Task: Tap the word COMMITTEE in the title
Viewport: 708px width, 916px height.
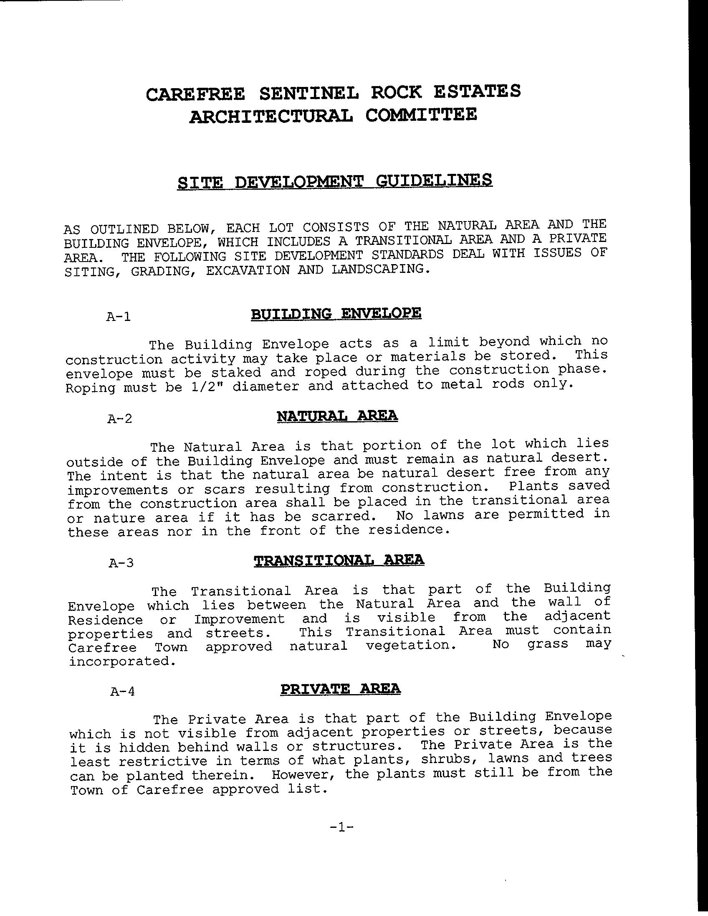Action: coord(421,115)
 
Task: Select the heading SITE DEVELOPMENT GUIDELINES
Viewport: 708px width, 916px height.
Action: coord(335,182)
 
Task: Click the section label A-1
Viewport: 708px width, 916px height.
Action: coord(119,316)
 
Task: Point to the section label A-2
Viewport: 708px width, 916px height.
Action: coord(120,419)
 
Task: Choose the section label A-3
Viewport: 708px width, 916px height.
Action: coord(121,563)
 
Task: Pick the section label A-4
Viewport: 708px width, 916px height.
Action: coord(122,691)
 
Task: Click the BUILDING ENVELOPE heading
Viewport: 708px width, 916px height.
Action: coord(336,314)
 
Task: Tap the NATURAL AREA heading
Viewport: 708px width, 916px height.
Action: coord(337,416)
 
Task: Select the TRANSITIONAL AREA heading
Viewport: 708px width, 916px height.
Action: coord(339,560)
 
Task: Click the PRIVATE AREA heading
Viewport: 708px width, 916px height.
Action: coord(340,689)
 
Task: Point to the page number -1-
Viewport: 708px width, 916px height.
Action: coord(342,827)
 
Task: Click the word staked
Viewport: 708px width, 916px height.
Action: coord(236,372)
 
